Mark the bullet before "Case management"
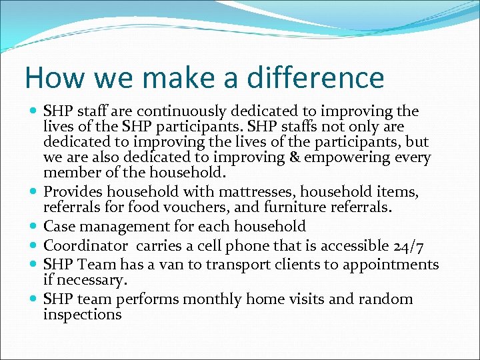point(34,227)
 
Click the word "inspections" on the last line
point(82,315)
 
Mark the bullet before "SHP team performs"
point(34,299)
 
